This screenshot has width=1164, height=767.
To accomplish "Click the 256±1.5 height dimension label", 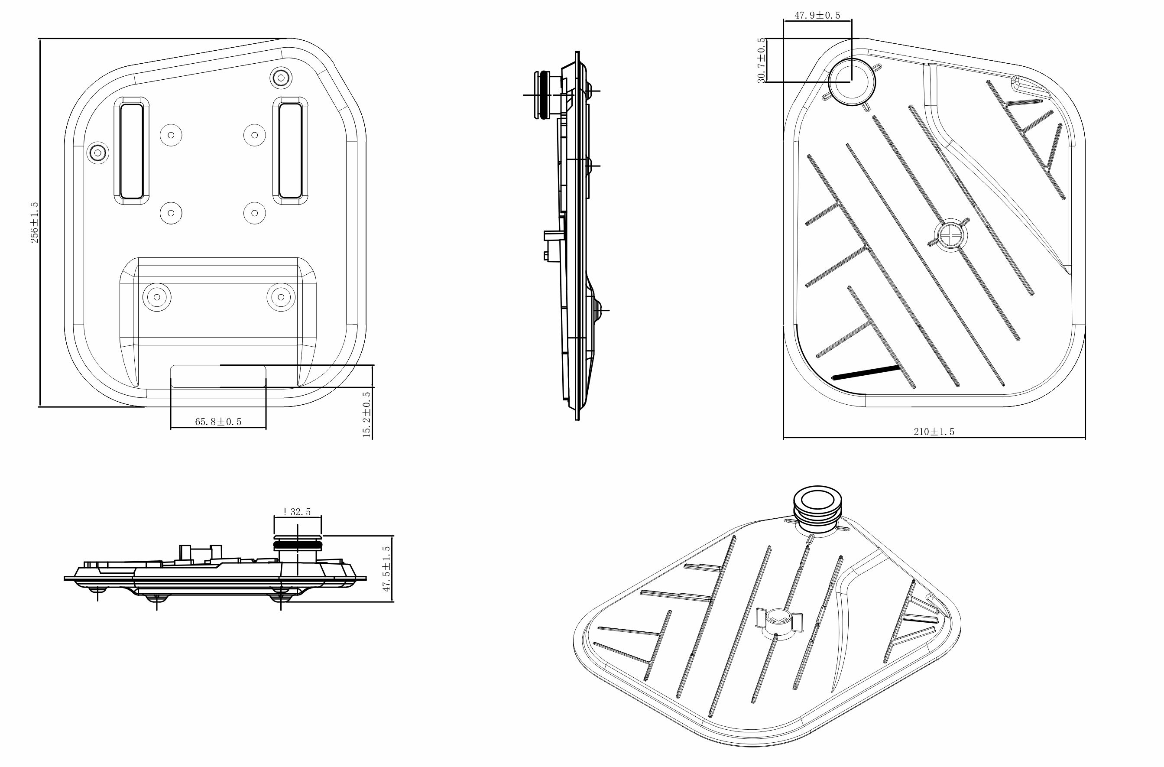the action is coord(34,223).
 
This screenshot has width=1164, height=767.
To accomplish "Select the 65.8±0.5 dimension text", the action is coord(218,422).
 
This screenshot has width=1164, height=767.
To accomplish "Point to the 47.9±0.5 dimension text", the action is coord(817,15).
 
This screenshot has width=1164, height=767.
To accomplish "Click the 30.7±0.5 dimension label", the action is coord(761,60).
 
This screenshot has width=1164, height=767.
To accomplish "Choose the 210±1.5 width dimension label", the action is coord(934,432).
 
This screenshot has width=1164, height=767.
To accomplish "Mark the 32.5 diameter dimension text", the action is coord(297,512).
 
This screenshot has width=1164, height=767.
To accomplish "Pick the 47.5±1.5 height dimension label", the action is coord(386,569).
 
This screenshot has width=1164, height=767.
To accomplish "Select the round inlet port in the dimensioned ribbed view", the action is coord(852,81).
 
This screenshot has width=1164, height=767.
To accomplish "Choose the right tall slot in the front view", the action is coord(291,150).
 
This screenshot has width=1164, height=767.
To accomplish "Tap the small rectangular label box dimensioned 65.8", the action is coord(218,376).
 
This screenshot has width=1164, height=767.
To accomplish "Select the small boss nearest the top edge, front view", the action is coord(281,77).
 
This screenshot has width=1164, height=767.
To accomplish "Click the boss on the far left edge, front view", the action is coord(98,153).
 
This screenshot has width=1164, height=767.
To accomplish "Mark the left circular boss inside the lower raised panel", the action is coord(157,296).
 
